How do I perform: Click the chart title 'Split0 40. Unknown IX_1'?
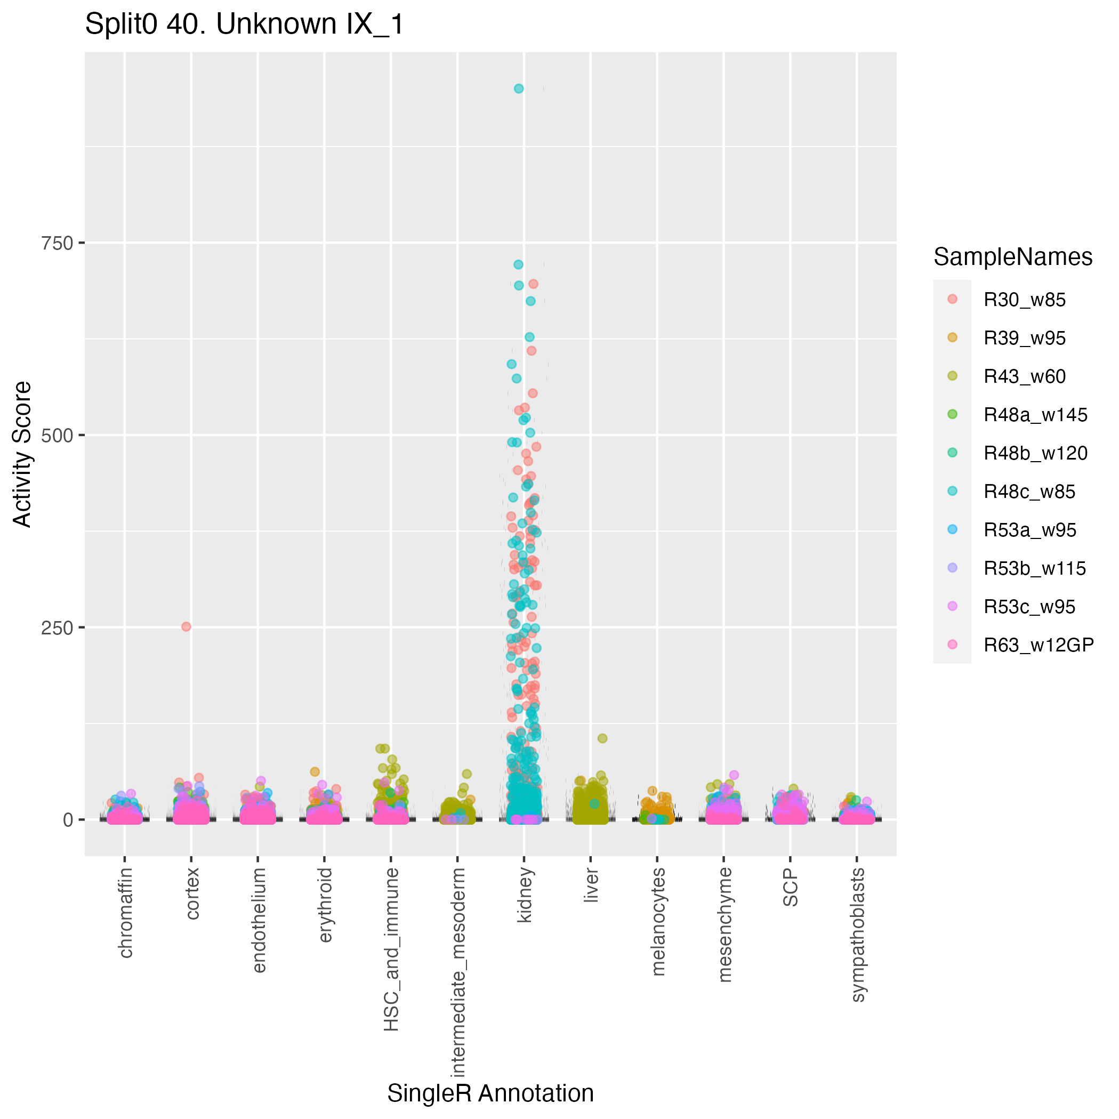tap(244, 25)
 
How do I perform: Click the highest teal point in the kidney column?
tap(518, 88)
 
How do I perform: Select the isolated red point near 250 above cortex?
tap(186, 627)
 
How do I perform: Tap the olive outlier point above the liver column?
tap(602, 738)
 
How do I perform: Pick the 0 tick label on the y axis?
tap(68, 819)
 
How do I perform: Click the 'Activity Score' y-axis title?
tap(22, 454)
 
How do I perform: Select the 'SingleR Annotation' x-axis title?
tap(490, 1093)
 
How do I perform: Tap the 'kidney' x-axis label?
tap(524, 895)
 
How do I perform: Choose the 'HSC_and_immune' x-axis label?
tap(391, 949)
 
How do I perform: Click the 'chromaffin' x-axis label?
tap(126, 912)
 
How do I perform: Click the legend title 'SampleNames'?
tap(1012, 257)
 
